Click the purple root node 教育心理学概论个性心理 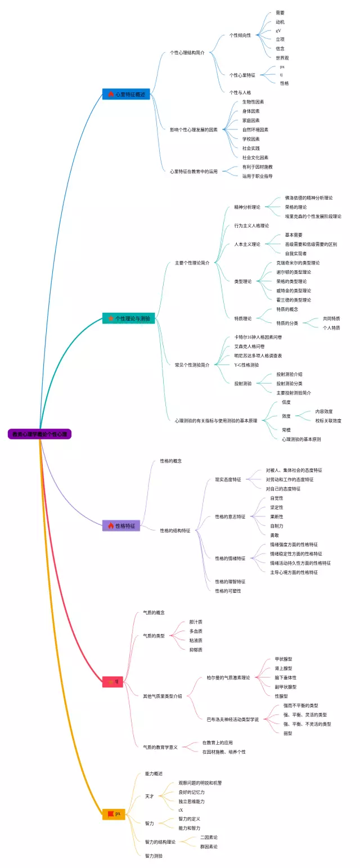(39, 434)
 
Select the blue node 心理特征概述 (126, 95)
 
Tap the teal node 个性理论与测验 (128, 318)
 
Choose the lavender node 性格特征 (121, 526)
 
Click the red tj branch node (112, 682)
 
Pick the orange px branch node (114, 813)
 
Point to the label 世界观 (282, 57)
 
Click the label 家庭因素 (251, 120)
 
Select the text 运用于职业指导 (258, 176)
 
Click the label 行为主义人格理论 (251, 226)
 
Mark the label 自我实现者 (296, 254)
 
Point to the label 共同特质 (331, 318)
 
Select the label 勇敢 (275, 535)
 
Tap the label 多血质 (196, 631)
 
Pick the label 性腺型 (281, 696)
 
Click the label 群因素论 (209, 846)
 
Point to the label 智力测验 (154, 856)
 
